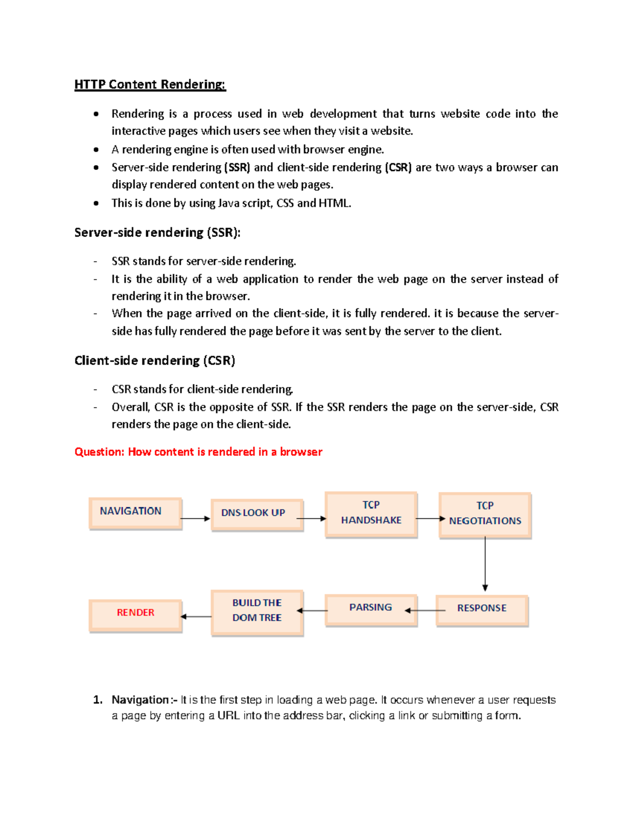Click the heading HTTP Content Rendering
pyautogui.click(x=150, y=84)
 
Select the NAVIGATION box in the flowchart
pyautogui.click(x=135, y=513)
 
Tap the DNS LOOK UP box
pyautogui.click(x=257, y=514)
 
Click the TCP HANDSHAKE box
pyautogui.click(x=371, y=514)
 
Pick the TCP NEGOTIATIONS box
pyautogui.click(x=485, y=515)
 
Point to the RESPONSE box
pyautogui.click(x=482, y=610)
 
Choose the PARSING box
pyautogui.click(x=371, y=609)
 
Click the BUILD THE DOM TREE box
pyautogui.click(x=257, y=612)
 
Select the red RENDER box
pyautogui.click(x=135, y=614)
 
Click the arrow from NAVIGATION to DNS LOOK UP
pyautogui.click(x=196, y=519)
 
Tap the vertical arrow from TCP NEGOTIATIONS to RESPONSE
pyautogui.click(x=485, y=563)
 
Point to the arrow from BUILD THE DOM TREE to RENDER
pyautogui.click(x=196, y=616)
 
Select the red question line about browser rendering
pyautogui.click(x=198, y=452)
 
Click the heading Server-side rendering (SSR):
pyautogui.click(x=157, y=233)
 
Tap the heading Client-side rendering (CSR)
pyautogui.click(x=155, y=361)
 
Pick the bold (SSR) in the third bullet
pyautogui.click(x=237, y=168)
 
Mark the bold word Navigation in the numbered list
pyautogui.click(x=140, y=700)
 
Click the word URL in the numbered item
pyautogui.click(x=228, y=716)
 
